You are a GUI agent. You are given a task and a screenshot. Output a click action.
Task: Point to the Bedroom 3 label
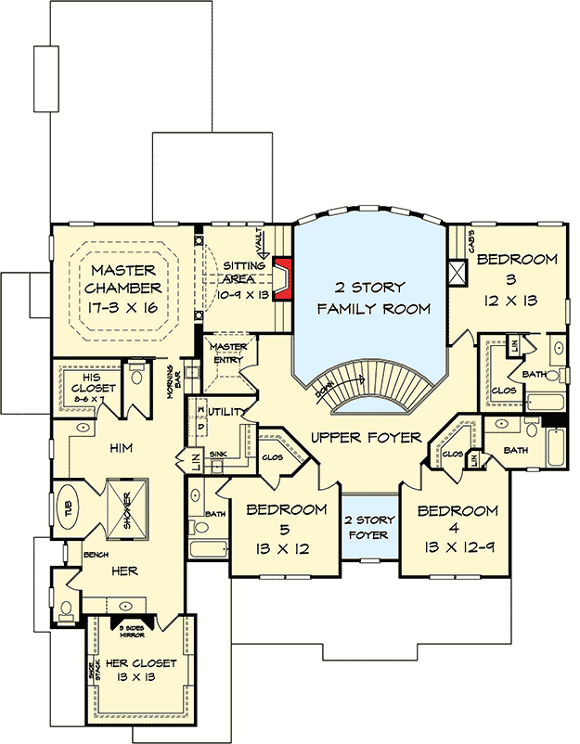517,259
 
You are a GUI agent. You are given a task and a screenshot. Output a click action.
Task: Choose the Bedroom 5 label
286,509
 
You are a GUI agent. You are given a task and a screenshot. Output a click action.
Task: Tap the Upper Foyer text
367,437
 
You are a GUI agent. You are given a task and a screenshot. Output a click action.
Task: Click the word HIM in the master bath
122,448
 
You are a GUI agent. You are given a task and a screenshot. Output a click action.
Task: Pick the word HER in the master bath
124,572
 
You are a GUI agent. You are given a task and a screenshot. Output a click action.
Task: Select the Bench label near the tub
97,555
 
